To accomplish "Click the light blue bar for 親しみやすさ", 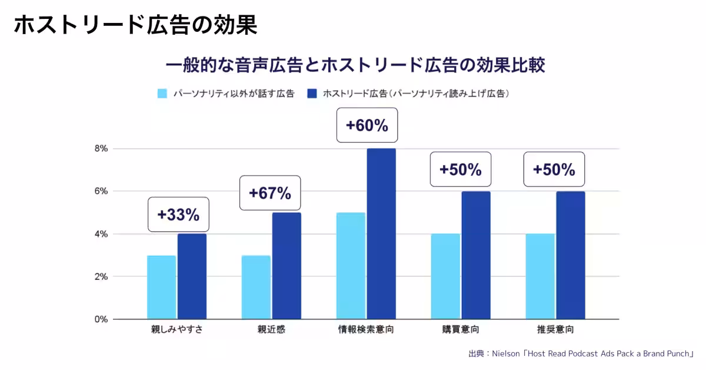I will pyautogui.click(x=161, y=288).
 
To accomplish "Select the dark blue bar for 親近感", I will pyautogui.click(x=287, y=266).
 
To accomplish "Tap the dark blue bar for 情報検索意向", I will pyautogui.click(x=381, y=234).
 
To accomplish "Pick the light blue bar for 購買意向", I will pyautogui.click(x=445, y=277).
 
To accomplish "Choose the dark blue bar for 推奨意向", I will pyautogui.click(x=570, y=255).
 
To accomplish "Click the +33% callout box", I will pyautogui.click(x=178, y=214).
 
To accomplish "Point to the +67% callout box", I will pyautogui.click(x=270, y=193).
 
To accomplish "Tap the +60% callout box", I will pyautogui.click(x=367, y=125).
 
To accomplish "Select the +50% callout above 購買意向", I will pyautogui.click(x=461, y=169).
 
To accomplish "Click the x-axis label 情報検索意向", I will pyautogui.click(x=366, y=329).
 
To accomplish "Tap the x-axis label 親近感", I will pyautogui.click(x=271, y=329).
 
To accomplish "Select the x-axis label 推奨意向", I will pyautogui.click(x=555, y=329).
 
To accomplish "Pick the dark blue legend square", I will pyautogui.click(x=312, y=93).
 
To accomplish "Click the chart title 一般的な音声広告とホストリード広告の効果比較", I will pyautogui.click(x=355, y=64).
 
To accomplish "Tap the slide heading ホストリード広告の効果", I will pyautogui.click(x=135, y=25).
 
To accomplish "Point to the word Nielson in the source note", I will pyautogui.click(x=506, y=354).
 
